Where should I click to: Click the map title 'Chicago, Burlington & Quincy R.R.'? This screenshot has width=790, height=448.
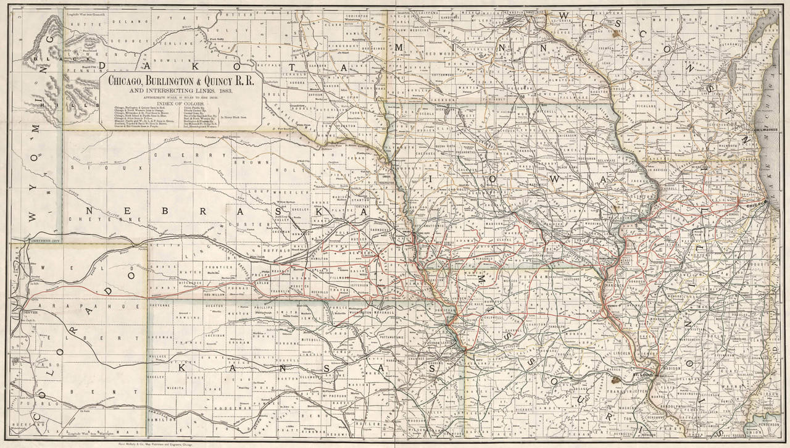click(182, 80)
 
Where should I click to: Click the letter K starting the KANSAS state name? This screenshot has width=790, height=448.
click(182, 368)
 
